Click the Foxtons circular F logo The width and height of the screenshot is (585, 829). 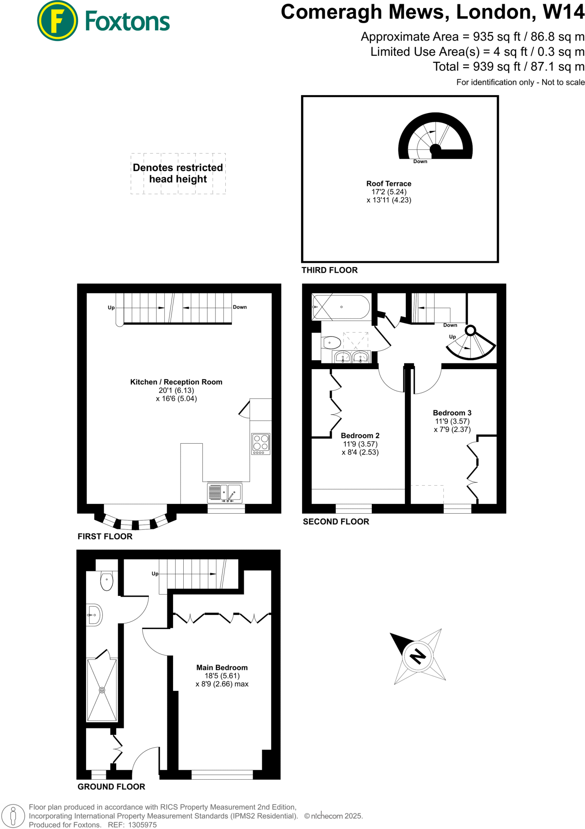[57, 21]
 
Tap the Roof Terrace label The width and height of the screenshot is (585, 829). [389, 184]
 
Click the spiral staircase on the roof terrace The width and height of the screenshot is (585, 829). [435, 137]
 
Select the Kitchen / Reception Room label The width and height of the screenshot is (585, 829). [176, 382]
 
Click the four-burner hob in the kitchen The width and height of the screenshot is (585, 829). [261, 443]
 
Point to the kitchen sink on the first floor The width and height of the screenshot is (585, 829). [225, 493]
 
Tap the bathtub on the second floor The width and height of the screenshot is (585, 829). [341, 307]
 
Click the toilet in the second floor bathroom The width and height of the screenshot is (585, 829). [332, 343]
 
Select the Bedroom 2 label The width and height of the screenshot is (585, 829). [360, 436]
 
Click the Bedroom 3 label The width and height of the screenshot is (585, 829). [452, 413]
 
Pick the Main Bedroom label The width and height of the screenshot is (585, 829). [222, 668]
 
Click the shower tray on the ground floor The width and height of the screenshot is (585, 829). [102, 690]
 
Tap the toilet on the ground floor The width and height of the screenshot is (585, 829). [107, 581]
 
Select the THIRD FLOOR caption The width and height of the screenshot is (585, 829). [329, 270]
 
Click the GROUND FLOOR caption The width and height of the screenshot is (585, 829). [111, 787]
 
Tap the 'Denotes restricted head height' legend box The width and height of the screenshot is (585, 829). [178, 173]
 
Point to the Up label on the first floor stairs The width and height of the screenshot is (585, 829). [111, 308]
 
